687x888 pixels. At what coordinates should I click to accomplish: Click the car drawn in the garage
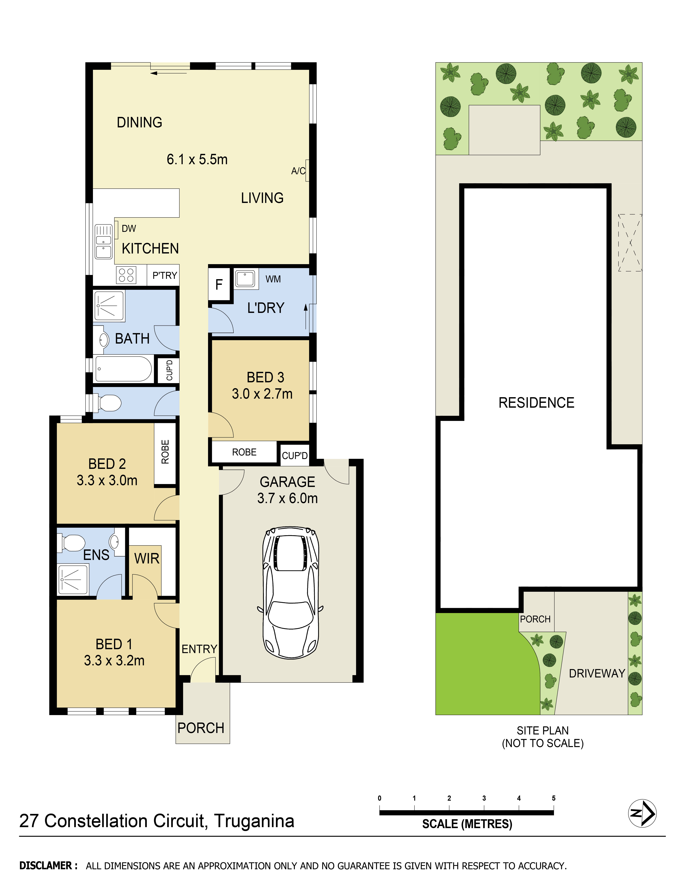(x=290, y=593)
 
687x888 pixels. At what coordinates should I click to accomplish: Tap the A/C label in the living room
(x=298, y=171)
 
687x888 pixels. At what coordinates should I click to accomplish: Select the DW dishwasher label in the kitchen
(x=129, y=228)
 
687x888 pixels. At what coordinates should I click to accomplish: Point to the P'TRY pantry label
(x=165, y=276)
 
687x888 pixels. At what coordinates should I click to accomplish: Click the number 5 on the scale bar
(x=553, y=798)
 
